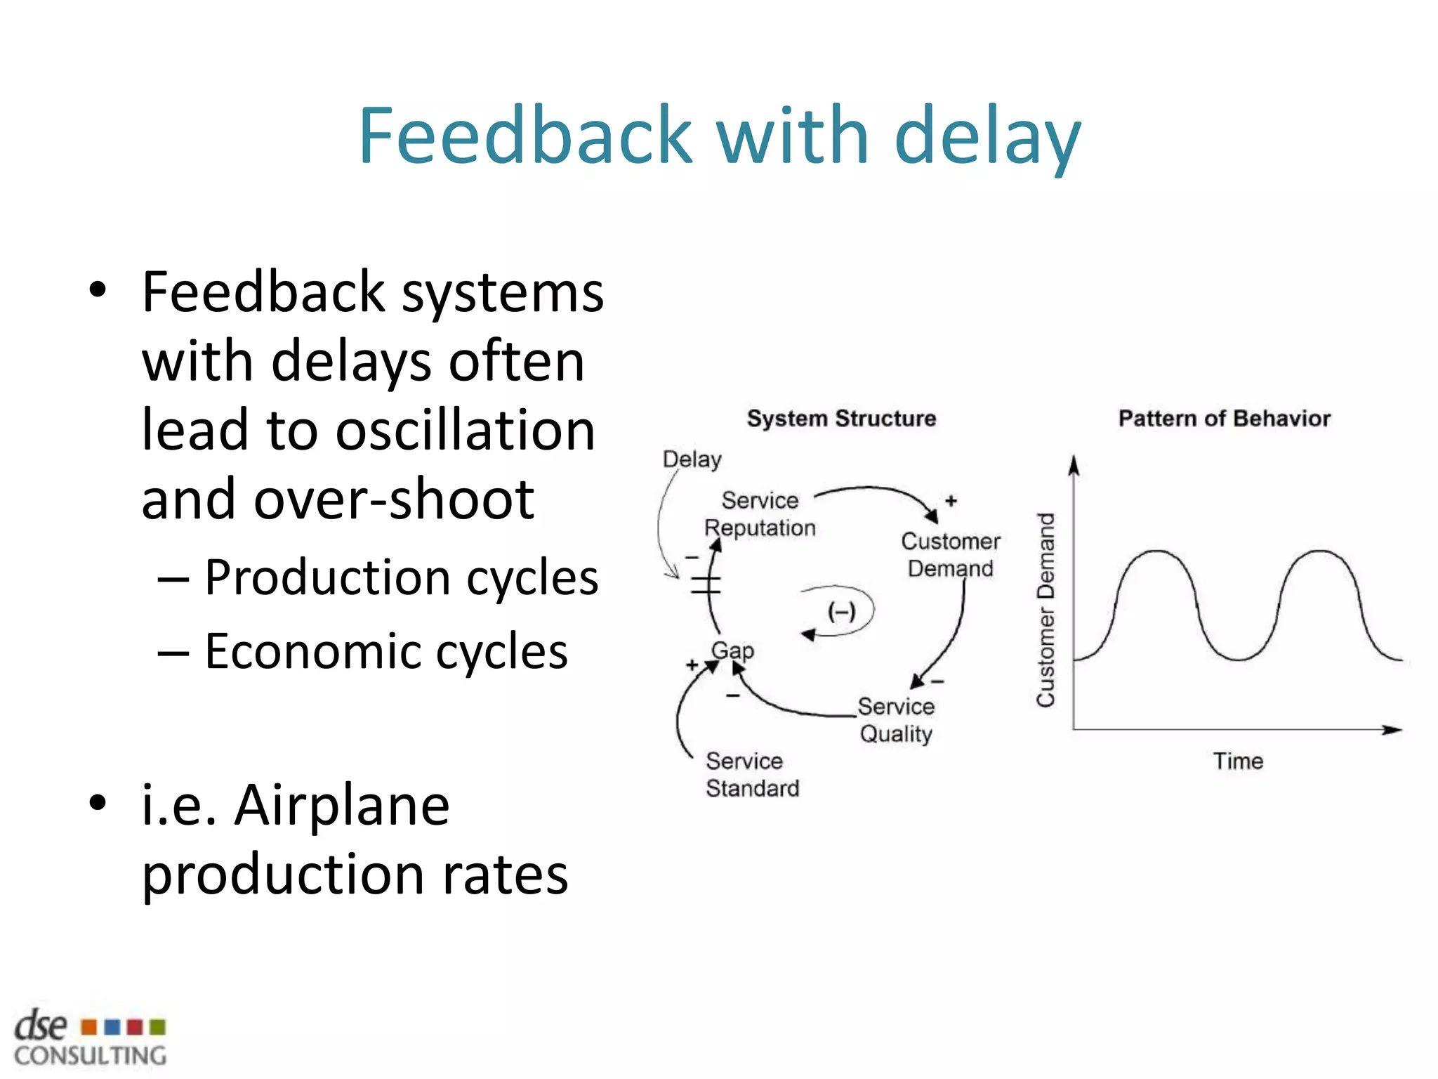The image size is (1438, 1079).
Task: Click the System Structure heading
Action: pyautogui.click(x=841, y=419)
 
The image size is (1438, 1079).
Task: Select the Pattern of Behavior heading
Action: pyautogui.click(x=1224, y=419)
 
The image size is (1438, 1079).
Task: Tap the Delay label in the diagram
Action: pyautogui.click(x=692, y=459)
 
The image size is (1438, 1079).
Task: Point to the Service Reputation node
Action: pyautogui.click(x=760, y=514)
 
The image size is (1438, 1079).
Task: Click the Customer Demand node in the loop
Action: pyautogui.click(x=951, y=555)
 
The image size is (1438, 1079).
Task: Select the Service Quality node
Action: pyautogui.click(x=896, y=720)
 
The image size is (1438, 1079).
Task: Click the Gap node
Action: pyautogui.click(x=732, y=650)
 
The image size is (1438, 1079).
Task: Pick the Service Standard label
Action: pyautogui.click(x=752, y=775)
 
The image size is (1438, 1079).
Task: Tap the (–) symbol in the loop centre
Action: pyautogui.click(x=841, y=611)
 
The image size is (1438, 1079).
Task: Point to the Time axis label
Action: pyautogui.click(x=1238, y=761)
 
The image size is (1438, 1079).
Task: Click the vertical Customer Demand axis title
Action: pyautogui.click(x=1046, y=610)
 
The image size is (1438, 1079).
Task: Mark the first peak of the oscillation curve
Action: pyautogui.click(x=1155, y=552)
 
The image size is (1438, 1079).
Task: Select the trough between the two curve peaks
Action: pyautogui.click(x=1239, y=659)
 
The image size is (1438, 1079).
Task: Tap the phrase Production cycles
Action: pyautogui.click(x=401, y=577)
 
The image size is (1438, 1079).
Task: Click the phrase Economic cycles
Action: pyautogui.click(x=385, y=652)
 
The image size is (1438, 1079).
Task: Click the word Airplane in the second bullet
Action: pyautogui.click(x=342, y=806)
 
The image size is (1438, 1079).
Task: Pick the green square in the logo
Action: pyautogui.click(x=158, y=1028)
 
